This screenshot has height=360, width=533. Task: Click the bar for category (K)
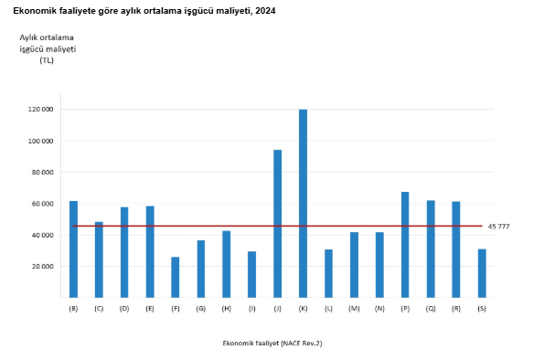click(303, 204)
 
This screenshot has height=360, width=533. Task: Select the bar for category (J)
click(277, 224)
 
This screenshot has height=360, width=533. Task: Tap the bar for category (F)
click(175, 277)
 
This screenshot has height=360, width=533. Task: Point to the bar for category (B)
click(73, 249)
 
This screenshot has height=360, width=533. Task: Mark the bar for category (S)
click(481, 273)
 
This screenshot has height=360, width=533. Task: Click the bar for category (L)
click(328, 273)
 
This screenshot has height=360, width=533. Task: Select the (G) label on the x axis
click(200, 309)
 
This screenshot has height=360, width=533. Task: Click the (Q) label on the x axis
click(430, 309)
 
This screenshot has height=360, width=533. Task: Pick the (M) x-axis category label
click(354, 309)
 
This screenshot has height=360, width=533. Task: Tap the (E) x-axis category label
click(150, 309)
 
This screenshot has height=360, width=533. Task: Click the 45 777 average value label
click(498, 227)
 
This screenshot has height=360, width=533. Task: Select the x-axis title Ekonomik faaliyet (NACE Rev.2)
click(272, 343)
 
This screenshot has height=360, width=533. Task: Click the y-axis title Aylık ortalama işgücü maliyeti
click(47, 48)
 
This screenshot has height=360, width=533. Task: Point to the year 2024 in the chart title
click(263, 10)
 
